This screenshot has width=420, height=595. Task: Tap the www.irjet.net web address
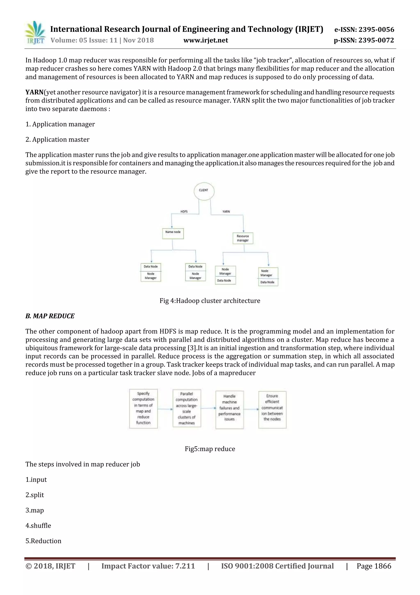(206, 40)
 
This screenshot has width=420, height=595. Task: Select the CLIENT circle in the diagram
(204, 191)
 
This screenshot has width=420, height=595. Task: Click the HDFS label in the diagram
(184, 212)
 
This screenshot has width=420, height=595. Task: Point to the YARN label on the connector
(226, 212)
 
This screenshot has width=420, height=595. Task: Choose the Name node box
(173, 233)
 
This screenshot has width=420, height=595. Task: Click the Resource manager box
(243, 238)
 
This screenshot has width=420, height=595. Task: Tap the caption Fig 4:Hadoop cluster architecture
(210, 301)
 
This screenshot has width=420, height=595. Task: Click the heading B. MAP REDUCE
(50, 316)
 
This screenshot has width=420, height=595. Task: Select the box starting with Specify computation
(143, 409)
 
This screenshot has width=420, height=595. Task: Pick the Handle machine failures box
(229, 410)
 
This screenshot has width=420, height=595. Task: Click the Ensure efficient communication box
(272, 410)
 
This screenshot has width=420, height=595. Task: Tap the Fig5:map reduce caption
(210, 449)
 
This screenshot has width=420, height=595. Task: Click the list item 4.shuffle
(38, 526)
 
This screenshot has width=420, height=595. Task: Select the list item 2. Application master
(57, 139)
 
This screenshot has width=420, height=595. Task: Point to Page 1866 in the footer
(374, 566)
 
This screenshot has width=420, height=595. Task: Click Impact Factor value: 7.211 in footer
(148, 566)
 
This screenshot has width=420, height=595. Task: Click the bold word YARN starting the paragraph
(34, 92)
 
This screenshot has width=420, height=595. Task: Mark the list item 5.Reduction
(43, 541)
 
